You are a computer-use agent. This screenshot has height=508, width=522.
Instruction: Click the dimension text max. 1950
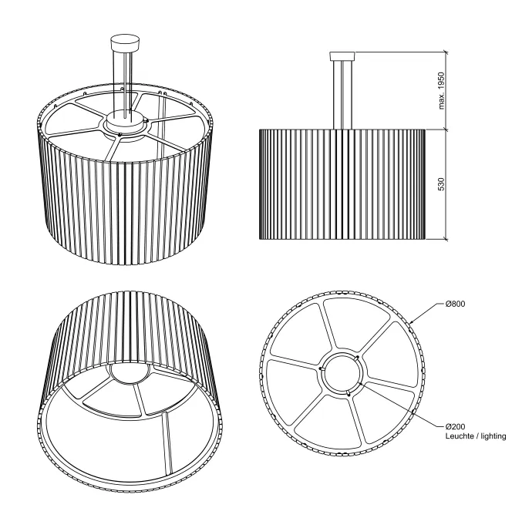(442, 90)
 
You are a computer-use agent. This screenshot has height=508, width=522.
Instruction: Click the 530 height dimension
(442, 184)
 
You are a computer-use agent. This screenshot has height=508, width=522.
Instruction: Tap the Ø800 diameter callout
(456, 304)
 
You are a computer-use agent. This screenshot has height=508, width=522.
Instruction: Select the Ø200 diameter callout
(456, 426)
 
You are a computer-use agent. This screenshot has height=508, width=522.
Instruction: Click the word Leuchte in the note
(458, 436)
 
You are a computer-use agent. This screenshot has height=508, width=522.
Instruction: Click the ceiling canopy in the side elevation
(342, 56)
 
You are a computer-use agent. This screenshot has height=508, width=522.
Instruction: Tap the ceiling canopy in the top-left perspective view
(125, 43)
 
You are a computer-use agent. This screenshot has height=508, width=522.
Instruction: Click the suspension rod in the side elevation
(342, 95)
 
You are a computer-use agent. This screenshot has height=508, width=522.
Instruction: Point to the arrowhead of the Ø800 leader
(412, 322)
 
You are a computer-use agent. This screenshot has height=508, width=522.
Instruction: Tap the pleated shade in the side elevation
(342, 184)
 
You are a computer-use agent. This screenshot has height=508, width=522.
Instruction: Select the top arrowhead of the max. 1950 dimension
(445, 54)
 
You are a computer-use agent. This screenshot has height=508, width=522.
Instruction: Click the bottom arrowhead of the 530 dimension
(445, 237)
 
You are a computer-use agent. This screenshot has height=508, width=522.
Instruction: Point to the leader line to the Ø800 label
(428, 312)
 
